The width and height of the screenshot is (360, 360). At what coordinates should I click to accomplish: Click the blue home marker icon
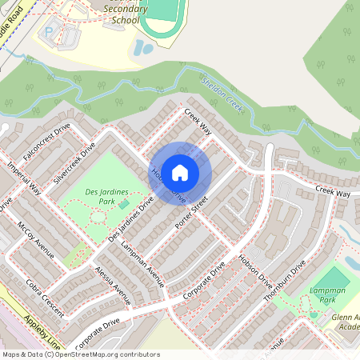coord(180,171)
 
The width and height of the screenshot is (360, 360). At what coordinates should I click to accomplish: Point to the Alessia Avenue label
coord(112,286)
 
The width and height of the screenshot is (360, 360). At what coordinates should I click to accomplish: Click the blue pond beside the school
coord(144,47)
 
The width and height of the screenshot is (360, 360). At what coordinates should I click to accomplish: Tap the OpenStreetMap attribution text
coord(80,354)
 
